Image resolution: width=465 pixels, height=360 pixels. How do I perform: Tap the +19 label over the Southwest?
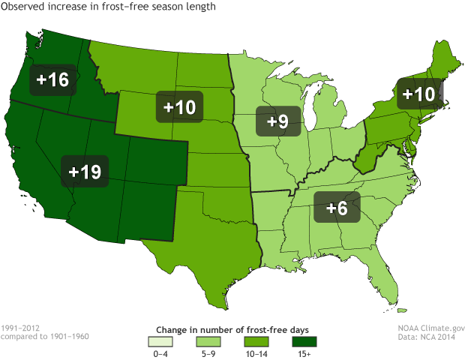(84, 172)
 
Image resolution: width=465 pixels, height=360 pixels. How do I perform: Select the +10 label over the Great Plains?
(178, 106)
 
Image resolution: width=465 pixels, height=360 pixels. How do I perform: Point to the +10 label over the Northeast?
(418, 94)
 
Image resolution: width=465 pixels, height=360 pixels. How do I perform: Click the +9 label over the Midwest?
(278, 121)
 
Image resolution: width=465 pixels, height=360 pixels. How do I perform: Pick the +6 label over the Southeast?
(337, 208)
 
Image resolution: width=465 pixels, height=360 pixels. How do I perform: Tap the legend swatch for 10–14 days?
(253, 343)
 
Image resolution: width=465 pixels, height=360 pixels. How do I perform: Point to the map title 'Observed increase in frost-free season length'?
(109, 7)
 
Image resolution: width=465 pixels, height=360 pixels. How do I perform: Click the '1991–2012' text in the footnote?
(22, 328)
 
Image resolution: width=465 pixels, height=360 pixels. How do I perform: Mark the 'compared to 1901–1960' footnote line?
(45, 337)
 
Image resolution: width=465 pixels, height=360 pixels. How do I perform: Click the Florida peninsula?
(389, 281)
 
